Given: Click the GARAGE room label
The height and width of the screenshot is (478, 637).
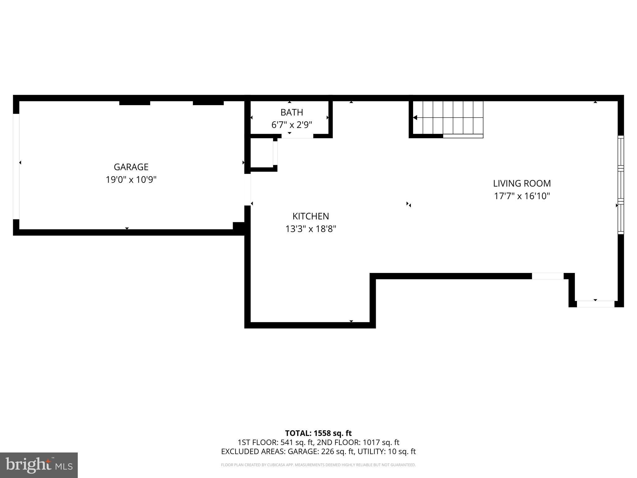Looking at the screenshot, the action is (131, 167).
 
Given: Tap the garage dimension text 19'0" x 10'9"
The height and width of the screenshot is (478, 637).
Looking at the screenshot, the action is (131, 180).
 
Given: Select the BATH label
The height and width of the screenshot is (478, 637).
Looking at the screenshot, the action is (292, 112).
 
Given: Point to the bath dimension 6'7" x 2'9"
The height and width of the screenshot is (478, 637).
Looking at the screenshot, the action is (292, 125).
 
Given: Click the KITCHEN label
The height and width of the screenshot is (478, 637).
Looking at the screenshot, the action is (311, 216).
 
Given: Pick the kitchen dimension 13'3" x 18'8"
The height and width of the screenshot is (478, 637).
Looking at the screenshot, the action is (311, 229).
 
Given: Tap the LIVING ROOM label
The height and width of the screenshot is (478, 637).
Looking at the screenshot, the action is (522, 183).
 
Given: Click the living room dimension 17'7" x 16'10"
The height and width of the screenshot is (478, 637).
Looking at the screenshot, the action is (522, 196).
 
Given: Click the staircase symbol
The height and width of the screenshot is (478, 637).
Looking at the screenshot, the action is (448, 119).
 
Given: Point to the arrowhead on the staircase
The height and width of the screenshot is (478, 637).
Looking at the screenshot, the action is (415, 118).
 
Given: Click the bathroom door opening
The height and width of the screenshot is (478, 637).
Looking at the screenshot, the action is (297, 136).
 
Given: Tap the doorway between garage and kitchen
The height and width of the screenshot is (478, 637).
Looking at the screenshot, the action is (248, 190).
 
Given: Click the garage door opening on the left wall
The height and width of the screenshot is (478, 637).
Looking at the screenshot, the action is (16, 167).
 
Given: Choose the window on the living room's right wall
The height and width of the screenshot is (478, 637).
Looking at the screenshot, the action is (621, 185).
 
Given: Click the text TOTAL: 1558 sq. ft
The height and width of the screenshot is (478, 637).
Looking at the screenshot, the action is (318, 433).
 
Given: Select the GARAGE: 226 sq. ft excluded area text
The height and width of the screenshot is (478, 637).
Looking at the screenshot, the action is (321, 451).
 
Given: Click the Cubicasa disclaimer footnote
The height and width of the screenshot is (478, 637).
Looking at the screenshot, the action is (318, 465).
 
